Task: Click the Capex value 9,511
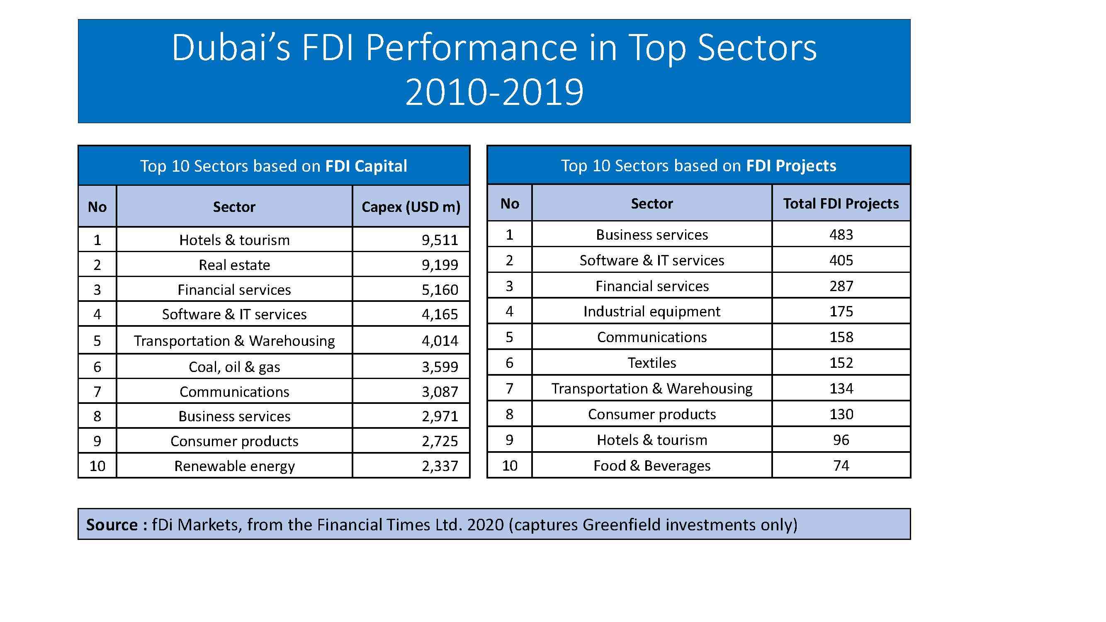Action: point(440,240)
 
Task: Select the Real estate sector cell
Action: point(234,265)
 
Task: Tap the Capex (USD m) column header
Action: point(411,207)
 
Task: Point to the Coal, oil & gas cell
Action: point(234,367)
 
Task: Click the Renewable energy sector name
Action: point(234,466)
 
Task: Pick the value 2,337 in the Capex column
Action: point(440,466)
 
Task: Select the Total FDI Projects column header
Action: point(841,204)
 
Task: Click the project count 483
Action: point(841,235)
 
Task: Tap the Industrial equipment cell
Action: point(652,312)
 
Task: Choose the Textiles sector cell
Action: point(652,363)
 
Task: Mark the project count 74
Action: point(841,466)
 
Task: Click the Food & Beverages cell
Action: point(652,466)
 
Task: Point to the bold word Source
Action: point(112,525)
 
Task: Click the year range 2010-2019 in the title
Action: point(494,92)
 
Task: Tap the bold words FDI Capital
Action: point(366,166)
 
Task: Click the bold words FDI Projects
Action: point(791,166)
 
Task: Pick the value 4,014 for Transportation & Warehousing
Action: point(440,341)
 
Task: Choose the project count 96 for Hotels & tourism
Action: point(841,440)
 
